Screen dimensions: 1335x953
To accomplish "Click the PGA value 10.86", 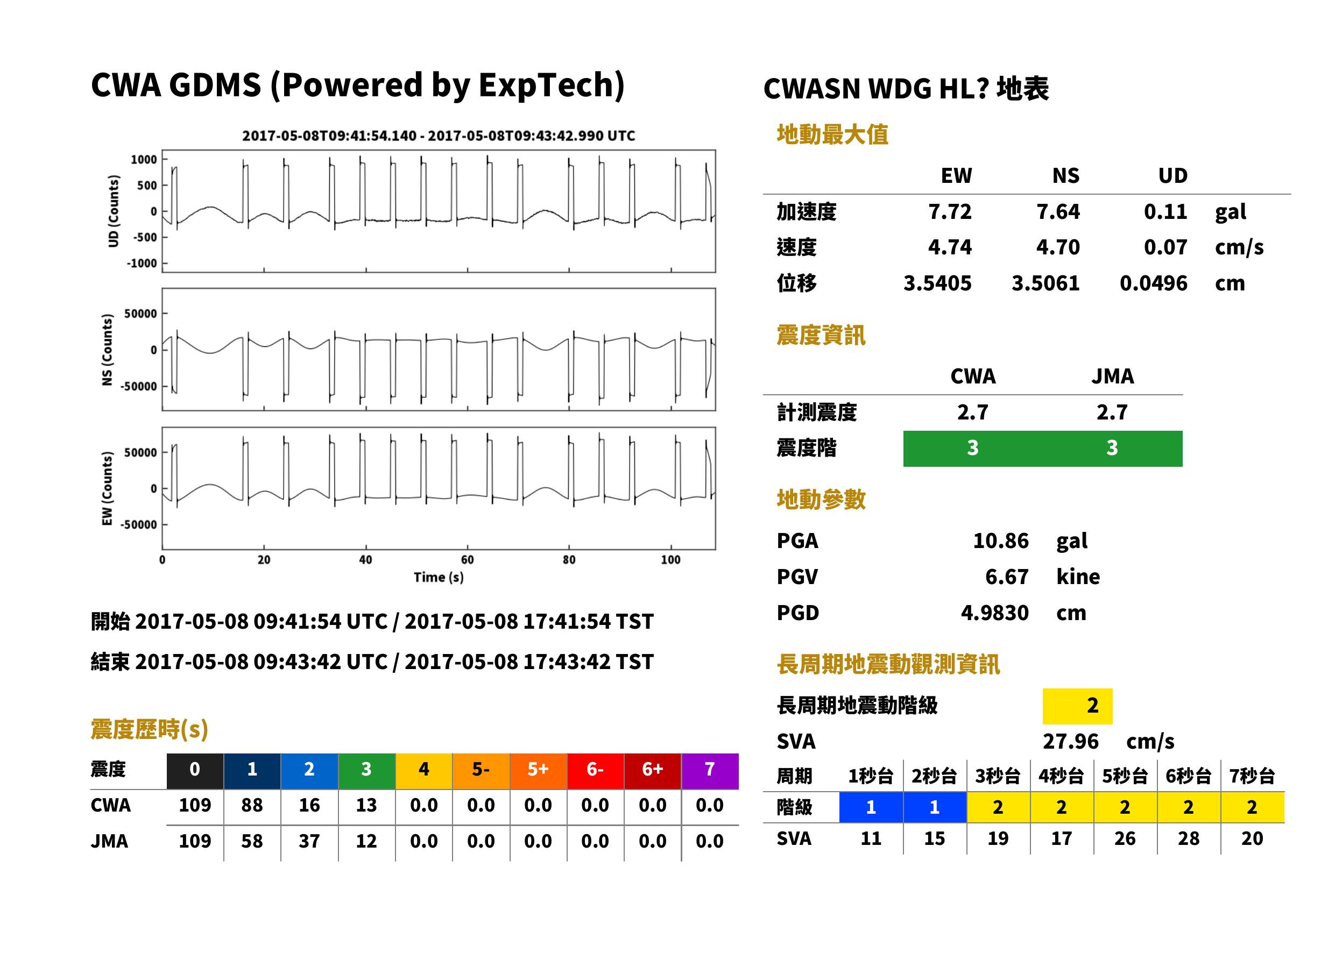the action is [x=1000, y=540].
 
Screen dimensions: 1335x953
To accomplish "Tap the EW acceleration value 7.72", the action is [x=949, y=211].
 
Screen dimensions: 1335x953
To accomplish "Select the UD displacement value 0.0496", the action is [x=1153, y=283].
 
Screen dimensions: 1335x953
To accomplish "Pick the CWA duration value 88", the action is [x=252, y=805].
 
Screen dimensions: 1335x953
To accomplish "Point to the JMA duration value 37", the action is [x=309, y=841].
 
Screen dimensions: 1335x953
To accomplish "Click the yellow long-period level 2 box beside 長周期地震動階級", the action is [x=1077, y=706].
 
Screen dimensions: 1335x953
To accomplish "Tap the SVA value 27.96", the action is [x=1070, y=741].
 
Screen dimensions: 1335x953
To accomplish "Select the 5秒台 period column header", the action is [x=1124, y=776].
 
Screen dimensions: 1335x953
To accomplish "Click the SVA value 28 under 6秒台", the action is [x=1188, y=838].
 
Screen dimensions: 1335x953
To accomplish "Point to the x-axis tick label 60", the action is [x=467, y=560].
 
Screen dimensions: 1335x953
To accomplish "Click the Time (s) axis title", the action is [x=439, y=578].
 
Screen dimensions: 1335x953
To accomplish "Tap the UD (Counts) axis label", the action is [x=114, y=211].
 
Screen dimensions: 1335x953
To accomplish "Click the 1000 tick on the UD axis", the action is [x=144, y=160].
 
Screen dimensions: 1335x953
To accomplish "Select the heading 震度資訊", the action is [x=821, y=335].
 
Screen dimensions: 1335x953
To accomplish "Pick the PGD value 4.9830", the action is [x=994, y=613].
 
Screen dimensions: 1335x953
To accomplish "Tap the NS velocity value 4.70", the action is [x=1057, y=247].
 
